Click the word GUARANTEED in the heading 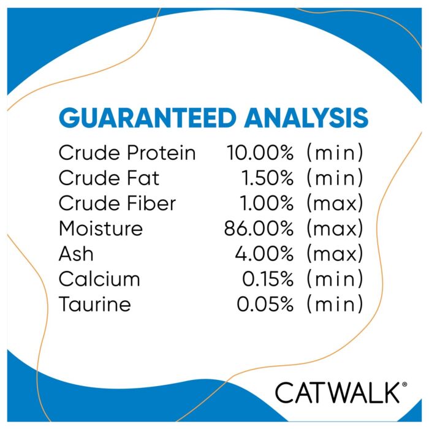[148, 118]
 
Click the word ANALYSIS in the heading [306, 118]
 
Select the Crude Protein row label [127, 153]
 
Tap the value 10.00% [260, 153]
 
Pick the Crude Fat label [109, 178]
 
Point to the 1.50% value [267, 178]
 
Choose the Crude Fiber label [118, 203]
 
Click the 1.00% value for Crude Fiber [267, 203]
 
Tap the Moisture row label [101, 228]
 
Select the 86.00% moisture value [259, 229]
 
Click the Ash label [76, 254]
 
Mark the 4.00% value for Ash [264, 254]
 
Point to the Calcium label [99, 279]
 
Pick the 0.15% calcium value [268, 279]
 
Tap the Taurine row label [95, 304]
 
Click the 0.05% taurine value [265, 304]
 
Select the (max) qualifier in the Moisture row [335, 229]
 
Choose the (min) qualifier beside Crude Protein [335, 153]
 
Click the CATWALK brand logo [338, 393]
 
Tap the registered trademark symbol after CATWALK [404, 384]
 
